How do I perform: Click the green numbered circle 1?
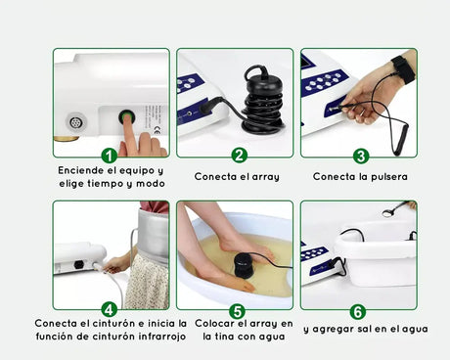click(x=110, y=156)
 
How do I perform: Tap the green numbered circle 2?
click(x=240, y=156)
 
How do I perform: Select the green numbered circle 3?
click(x=361, y=157)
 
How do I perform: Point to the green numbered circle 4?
click(x=110, y=309)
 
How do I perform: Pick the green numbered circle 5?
click(x=237, y=311)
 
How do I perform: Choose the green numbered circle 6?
click(x=358, y=312)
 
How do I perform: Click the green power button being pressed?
click(x=126, y=116)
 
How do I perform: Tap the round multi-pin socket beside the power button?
click(x=76, y=122)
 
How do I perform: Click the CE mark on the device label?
click(x=157, y=132)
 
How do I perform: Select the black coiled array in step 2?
click(x=263, y=100)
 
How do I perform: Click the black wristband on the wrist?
click(x=404, y=68)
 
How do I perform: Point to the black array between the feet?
click(x=245, y=265)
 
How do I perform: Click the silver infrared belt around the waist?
click(x=154, y=234)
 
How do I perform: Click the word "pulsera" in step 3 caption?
click(x=389, y=177)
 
